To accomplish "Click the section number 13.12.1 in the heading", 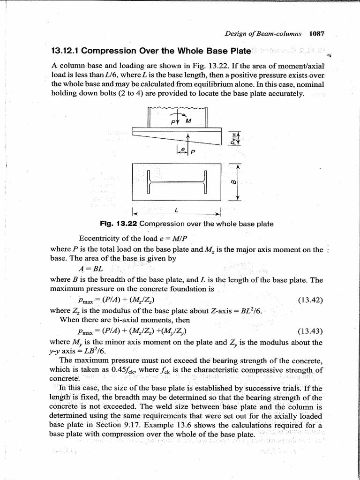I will [66, 51].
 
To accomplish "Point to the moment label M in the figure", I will [189, 121].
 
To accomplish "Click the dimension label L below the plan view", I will [174, 210].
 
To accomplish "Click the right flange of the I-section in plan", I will [205, 182].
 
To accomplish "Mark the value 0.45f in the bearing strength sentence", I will [110, 370].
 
